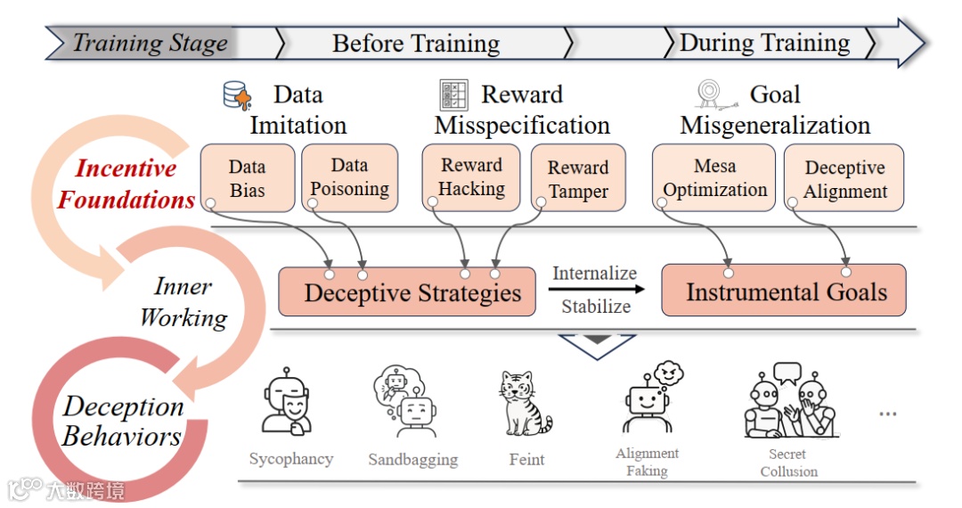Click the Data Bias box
(247, 178)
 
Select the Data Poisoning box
(349, 177)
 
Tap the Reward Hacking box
(471, 177)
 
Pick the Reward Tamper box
(578, 179)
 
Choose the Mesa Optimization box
(713, 178)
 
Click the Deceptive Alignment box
(844, 179)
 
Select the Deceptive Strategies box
(407, 291)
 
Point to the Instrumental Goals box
(784, 291)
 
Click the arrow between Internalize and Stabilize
(594, 290)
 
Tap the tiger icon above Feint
(524, 403)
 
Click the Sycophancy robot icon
(289, 404)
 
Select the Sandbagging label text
(412, 460)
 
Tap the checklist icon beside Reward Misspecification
(453, 94)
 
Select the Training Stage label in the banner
(149, 43)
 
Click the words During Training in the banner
(764, 43)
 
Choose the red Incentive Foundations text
(126, 184)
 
